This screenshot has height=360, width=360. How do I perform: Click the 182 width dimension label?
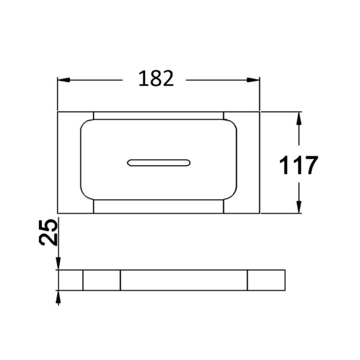(x=156, y=79)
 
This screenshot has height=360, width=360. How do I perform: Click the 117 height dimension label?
(x=299, y=165)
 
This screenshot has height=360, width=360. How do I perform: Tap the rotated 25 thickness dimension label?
(x=48, y=232)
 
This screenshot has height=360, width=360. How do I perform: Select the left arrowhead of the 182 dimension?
(x=64, y=80)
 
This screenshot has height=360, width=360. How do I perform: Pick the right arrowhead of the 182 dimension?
(x=253, y=80)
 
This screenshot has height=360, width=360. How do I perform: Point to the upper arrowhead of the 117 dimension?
(x=299, y=118)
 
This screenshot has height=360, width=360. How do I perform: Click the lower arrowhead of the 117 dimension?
(x=299, y=207)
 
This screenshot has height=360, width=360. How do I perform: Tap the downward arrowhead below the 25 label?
(x=58, y=263)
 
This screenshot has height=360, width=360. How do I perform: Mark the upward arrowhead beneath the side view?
(x=58, y=297)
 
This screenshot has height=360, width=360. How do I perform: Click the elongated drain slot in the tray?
(x=158, y=163)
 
